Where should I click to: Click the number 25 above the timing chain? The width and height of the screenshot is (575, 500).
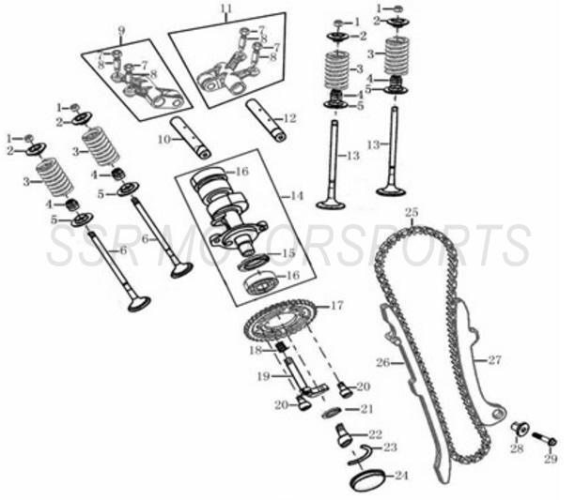click(x=411, y=213)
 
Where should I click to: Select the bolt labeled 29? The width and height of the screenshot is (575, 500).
click(x=543, y=437)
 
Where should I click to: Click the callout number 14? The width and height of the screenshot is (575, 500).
click(x=297, y=196)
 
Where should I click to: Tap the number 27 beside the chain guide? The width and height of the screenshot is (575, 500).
click(x=495, y=360)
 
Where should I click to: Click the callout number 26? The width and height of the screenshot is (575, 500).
click(x=382, y=362)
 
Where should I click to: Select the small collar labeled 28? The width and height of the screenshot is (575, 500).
click(x=519, y=431)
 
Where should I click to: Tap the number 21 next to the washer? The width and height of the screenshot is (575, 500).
click(x=366, y=408)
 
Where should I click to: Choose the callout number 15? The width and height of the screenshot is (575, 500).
click(x=288, y=253)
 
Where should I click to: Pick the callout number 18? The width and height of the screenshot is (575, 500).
click(x=255, y=350)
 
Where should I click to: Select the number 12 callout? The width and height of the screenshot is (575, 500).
click(x=290, y=118)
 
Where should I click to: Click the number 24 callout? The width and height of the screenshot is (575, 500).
click(x=401, y=477)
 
